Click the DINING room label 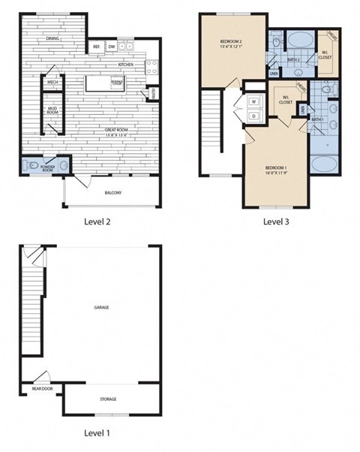point(53,39)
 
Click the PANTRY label point(153,93)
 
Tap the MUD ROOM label point(52,113)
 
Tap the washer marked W point(253,101)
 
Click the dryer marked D point(253,116)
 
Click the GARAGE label point(100,307)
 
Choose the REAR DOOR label point(41,389)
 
